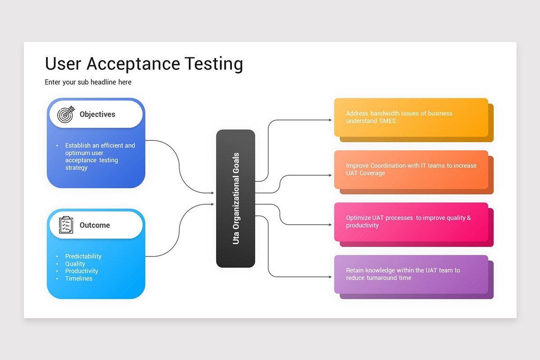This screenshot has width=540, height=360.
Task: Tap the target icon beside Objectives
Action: tap(65, 115)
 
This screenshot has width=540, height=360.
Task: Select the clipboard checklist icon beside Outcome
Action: tap(66, 225)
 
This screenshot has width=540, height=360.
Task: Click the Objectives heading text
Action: tap(97, 114)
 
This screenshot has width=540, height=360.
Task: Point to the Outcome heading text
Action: tap(94, 225)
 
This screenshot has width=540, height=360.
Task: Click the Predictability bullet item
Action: tap(83, 256)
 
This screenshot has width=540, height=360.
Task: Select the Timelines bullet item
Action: tap(79, 279)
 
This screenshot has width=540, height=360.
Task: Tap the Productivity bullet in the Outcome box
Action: tap(81, 271)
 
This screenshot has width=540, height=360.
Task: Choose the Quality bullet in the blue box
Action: tap(75, 264)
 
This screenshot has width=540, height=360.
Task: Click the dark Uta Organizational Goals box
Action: tap(235, 198)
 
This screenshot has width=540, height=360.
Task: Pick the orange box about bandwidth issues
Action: tap(411, 117)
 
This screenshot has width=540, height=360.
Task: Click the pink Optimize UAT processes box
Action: tap(411, 221)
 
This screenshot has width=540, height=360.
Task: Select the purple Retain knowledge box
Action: tap(411, 274)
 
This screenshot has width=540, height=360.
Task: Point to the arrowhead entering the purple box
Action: tap(330, 277)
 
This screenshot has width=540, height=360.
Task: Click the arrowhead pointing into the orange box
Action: tap(330, 120)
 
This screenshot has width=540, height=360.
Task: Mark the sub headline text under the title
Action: tap(88, 82)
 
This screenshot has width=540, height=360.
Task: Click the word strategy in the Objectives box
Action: tap(76, 168)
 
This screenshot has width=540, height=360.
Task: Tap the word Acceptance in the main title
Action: tap(133, 64)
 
